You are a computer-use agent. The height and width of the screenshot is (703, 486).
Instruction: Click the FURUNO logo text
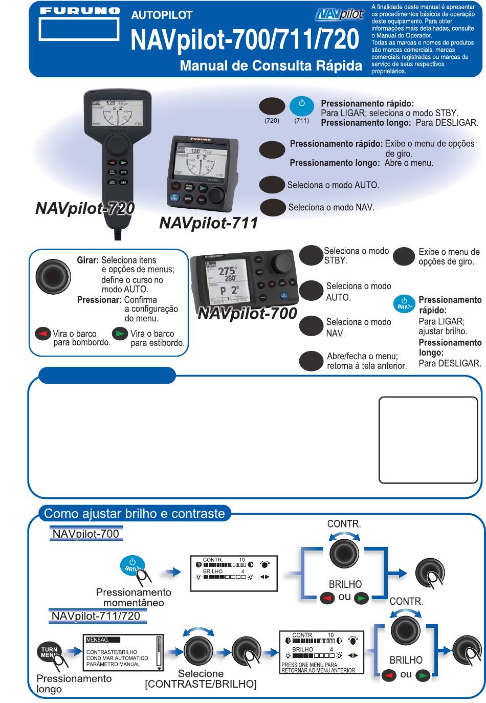tap(79, 10)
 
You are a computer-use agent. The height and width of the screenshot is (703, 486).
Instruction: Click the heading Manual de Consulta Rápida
tap(271, 65)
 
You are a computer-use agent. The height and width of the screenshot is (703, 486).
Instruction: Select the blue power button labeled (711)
tap(301, 106)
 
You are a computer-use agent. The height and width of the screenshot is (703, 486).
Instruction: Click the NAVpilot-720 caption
tap(85, 208)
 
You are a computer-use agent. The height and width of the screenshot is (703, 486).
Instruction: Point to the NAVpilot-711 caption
tap(208, 223)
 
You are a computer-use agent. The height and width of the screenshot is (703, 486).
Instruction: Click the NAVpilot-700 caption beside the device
tap(247, 313)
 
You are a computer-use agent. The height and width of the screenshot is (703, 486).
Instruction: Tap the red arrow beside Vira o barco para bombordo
tap(43, 334)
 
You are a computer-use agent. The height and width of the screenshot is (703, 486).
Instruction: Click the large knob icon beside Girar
tap(53, 277)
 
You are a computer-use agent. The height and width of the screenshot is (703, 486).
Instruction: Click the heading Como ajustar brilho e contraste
tap(135, 513)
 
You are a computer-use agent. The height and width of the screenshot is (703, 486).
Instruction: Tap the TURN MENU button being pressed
tap(50, 652)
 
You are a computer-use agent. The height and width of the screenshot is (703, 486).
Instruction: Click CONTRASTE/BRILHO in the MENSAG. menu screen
tap(112, 652)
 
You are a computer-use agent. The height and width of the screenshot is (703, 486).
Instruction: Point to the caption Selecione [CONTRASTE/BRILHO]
tap(201, 679)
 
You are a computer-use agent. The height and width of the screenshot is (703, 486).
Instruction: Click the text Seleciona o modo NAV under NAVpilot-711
tap(331, 208)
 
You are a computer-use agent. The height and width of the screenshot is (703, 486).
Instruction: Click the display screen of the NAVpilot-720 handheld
tap(117, 112)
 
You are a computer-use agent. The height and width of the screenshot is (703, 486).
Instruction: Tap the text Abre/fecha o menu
tap(362, 356)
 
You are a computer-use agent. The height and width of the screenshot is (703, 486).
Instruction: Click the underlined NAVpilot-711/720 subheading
tap(96, 616)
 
